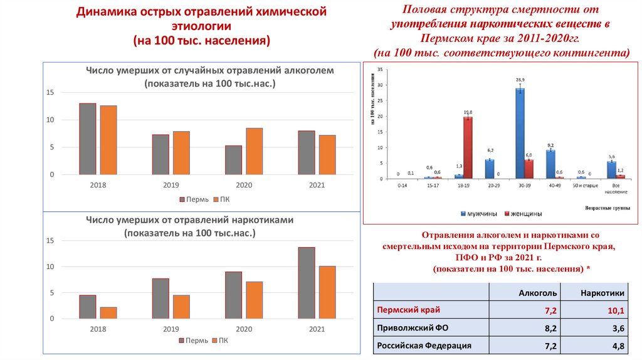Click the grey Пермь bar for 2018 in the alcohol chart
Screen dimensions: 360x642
click(x=87, y=139)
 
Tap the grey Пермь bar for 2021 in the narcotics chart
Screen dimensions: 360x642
click(x=307, y=283)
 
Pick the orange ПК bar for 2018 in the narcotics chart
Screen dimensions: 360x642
click(x=108, y=312)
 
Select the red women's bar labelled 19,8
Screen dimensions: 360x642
click(x=468, y=147)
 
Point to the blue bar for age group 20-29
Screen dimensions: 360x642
click(x=490, y=169)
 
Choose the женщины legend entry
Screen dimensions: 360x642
click(x=524, y=213)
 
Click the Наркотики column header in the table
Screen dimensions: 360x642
click(x=602, y=292)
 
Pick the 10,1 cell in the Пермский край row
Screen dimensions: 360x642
click(x=615, y=310)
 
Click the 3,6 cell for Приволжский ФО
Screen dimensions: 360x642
click(x=616, y=328)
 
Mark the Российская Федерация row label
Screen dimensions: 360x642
click(x=423, y=346)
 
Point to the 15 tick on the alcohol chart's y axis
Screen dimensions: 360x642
click(x=50, y=93)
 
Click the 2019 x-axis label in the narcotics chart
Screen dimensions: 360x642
click(x=171, y=329)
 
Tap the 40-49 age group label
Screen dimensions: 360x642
click(x=555, y=186)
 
